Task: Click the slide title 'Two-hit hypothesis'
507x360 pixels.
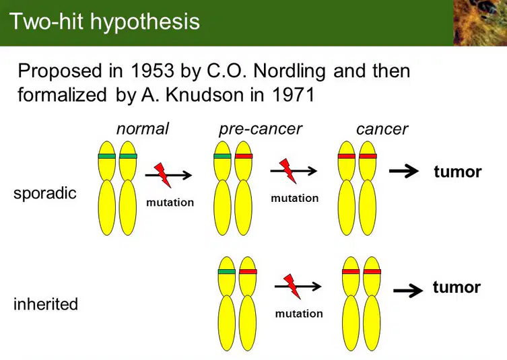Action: [x=104, y=22]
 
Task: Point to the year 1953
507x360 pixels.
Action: [x=153, y=71]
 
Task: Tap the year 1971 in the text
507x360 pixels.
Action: [x=294, y=95]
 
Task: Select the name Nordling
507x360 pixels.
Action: [x=290, y=71]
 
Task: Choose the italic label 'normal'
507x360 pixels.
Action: [x=143, y=129]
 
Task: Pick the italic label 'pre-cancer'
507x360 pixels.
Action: [x=261, y=129]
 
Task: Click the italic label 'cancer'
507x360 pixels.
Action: [x=382, y=130]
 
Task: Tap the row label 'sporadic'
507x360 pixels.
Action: [x=45, y=193]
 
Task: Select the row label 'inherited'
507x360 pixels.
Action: [x=46, y=303]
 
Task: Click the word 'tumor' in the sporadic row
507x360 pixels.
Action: [x=458, y=172]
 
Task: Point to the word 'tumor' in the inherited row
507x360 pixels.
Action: [x=457, y=287]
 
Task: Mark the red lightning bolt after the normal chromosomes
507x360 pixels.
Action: [x=163, y=175]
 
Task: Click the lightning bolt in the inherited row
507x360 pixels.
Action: [x=292, y=287]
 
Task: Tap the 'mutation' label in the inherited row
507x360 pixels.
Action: [x=299, y=314]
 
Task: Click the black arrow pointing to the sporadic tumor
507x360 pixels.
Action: [x=404, y=172]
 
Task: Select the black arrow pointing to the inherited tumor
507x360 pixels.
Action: [x=408, y=291]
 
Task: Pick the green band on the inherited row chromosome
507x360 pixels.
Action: [x=227, y=271]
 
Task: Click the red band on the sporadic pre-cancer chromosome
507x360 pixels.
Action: [x=244, y=156]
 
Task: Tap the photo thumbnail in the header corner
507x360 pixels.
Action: [x=480, y=23]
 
